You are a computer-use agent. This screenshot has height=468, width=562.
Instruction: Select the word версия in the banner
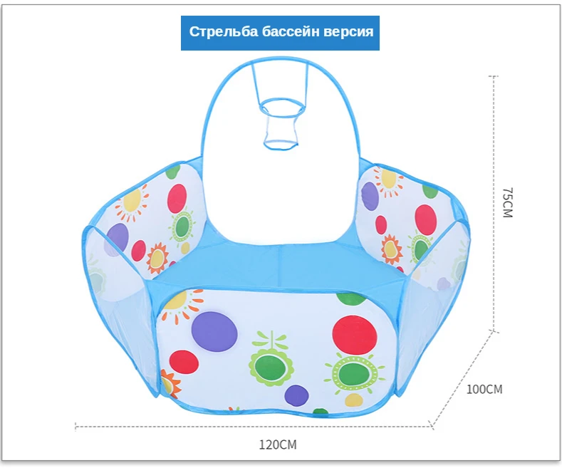coord(349,32)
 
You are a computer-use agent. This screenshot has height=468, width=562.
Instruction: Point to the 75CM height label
coord(506,203)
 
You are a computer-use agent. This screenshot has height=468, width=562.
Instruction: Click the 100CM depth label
coord(484,390)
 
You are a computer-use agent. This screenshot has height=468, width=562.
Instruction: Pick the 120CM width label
coord(276,445)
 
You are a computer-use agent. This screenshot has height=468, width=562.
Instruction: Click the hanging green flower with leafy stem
coord(271,364)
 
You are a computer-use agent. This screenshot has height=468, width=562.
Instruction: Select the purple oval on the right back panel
coord(370,196)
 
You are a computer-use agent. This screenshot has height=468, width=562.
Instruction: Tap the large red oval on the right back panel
coord(425,219)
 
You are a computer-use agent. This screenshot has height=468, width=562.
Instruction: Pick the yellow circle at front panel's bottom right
coord(353,400)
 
